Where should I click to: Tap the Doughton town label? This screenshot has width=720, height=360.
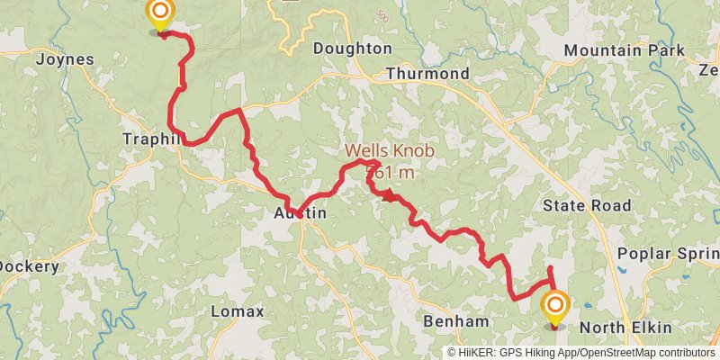352,49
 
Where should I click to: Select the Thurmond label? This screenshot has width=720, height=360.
427,73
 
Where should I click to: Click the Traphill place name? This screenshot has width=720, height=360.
153,139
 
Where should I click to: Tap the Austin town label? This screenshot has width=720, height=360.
300,214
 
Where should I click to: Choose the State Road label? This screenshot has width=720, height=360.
587,206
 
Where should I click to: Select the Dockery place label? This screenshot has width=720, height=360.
29,266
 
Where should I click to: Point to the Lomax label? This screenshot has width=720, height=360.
237,311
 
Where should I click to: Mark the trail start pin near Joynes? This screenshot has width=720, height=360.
160,13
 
